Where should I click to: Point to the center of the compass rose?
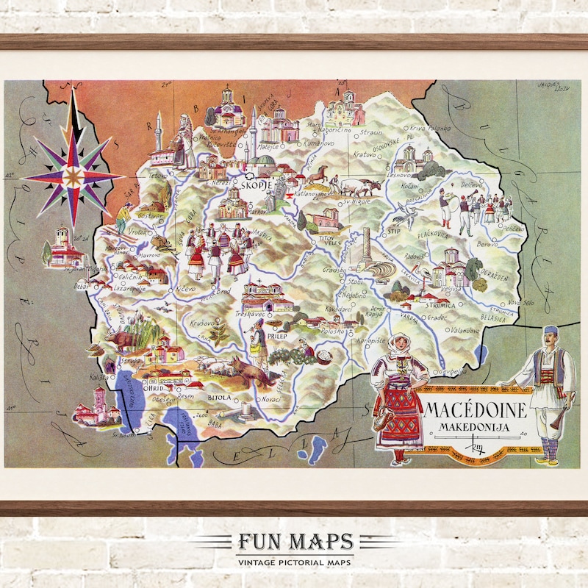(x=73, y=176)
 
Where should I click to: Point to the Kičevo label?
(x=185, y=290)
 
